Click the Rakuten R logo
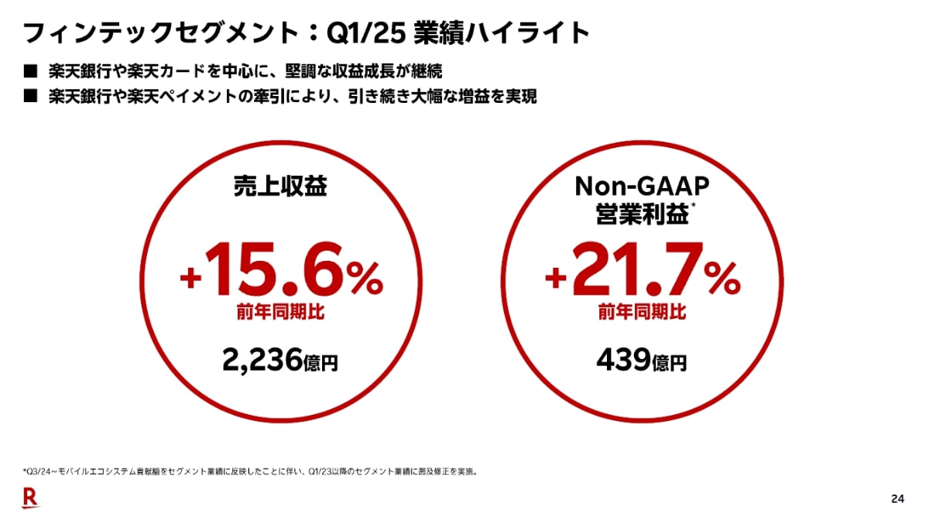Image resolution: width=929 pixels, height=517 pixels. pyautogui.click(x=29, y=498)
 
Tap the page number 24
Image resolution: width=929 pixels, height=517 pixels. pyautogui.click(x=897, y=498)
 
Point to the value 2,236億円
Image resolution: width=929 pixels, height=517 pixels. pyautogui.click(x=281, y=360)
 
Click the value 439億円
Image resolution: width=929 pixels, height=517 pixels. pyautogui.click(x=642, y=360)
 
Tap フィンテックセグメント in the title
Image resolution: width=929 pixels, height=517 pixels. pyautogui.click(x=159, y=33)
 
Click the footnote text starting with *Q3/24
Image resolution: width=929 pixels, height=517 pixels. pyautogui.click(x=248, y=470)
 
